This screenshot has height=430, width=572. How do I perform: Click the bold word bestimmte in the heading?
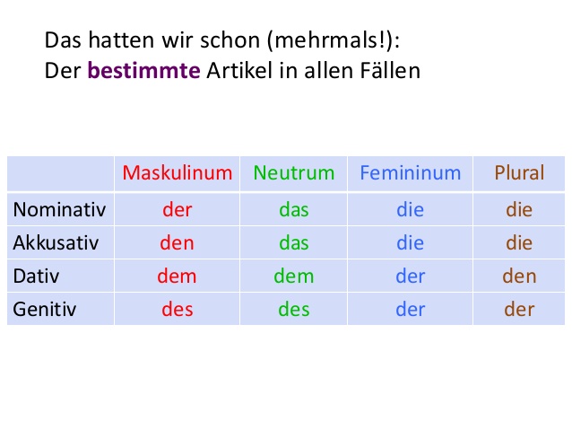point(143,70)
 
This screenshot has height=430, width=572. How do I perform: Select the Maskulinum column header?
point(178,172)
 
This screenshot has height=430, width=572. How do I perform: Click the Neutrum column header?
point(293,172)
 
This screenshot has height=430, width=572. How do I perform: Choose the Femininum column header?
point(410,172)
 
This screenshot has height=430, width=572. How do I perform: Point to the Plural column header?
point(519,172)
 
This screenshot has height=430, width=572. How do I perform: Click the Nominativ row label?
point(59,210)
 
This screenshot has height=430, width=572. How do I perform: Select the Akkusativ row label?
point(56,243)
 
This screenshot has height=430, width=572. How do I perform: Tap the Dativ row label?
point(37,276)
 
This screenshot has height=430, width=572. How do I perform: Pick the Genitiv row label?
point(45,310)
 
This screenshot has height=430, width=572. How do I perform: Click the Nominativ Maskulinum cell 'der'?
point(178,210)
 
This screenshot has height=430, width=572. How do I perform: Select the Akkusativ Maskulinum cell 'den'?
point(178,243)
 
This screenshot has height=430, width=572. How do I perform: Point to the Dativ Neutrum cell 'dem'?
point(293,276)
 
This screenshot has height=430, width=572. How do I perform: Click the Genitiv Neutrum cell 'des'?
point(293,310)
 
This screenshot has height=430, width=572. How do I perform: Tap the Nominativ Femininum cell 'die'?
point(410,210)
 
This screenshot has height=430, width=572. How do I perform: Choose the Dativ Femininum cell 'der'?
point(410,276)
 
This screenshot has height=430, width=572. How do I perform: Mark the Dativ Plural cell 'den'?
point(519,276)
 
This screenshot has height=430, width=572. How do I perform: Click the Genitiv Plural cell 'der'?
point(519,310)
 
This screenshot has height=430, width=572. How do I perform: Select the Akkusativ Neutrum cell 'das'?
point(293,243)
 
